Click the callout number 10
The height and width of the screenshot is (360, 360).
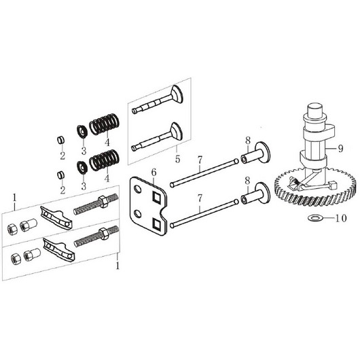pyautogui.click(x=341, y=218)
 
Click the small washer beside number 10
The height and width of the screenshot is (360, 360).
pyautogui.click(x=315, y=217)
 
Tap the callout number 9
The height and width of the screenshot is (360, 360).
pyautogui.click(x=341, y=149)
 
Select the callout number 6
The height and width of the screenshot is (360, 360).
pyautogui.click(x=154, y=172)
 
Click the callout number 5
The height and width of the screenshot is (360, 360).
pyautogui.click(x=178, y=159)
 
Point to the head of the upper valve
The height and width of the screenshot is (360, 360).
pyautogui.click(x=177, y=94)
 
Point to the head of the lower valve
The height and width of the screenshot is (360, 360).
pyautogui.click(x=177, y=131)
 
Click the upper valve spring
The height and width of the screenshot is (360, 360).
pyautogui.click(x=104, y=124)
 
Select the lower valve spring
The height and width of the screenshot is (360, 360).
pyautogui.click(x=104, y=160)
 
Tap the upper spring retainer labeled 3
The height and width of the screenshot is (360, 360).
pyautogui.click(x=82, y=132)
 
